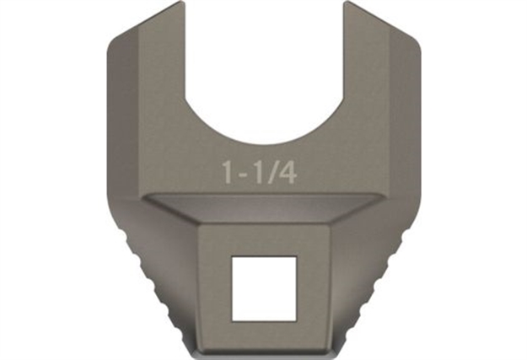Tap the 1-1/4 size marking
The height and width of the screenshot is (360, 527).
264,174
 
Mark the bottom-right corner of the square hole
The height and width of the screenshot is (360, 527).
294,320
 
